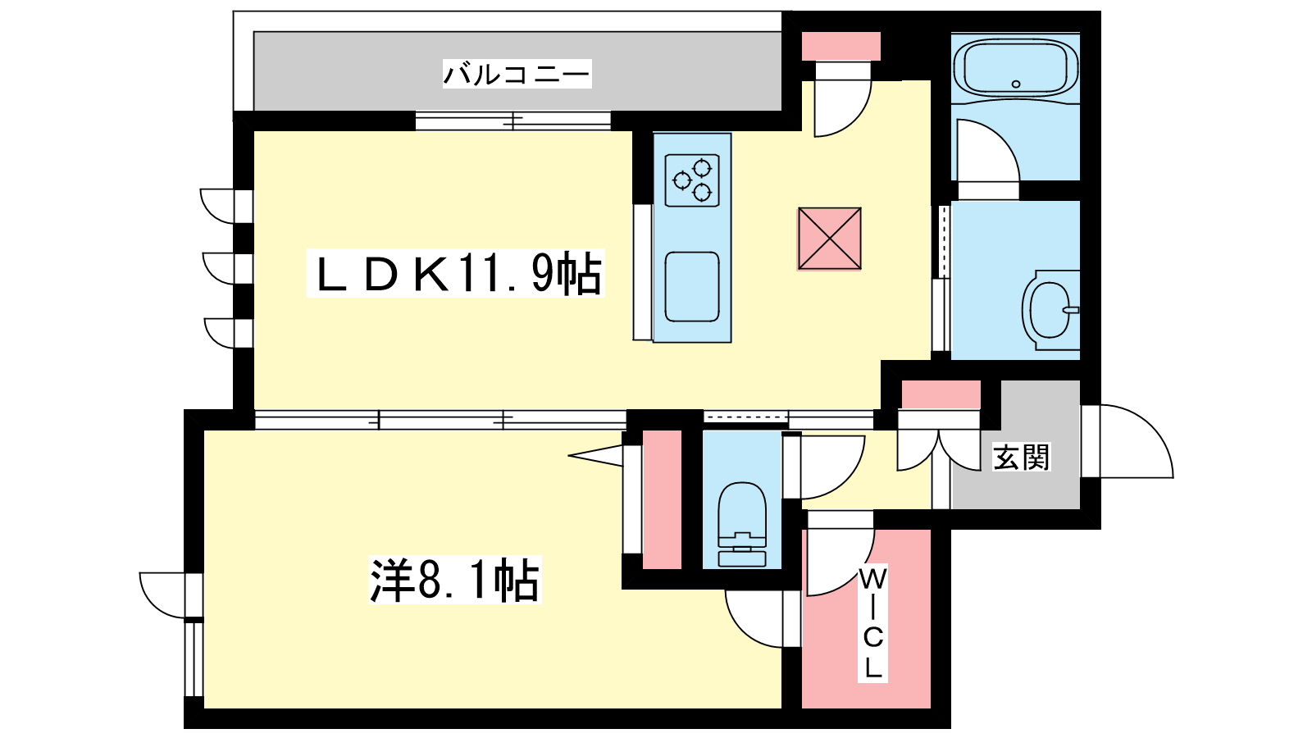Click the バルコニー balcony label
(517, 74)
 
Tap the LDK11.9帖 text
(456, 274)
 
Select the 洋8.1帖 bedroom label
(455, 581)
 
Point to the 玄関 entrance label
(1021, 458)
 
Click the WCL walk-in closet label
(872, 623)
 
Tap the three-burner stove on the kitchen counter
(692, 180)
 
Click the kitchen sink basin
(692, 286)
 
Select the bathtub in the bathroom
(1017, 68)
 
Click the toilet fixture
(742, 525)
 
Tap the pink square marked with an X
(829, 239)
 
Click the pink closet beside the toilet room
(662, 499)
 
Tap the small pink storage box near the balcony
(840, 46)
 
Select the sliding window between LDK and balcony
(513, 121)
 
